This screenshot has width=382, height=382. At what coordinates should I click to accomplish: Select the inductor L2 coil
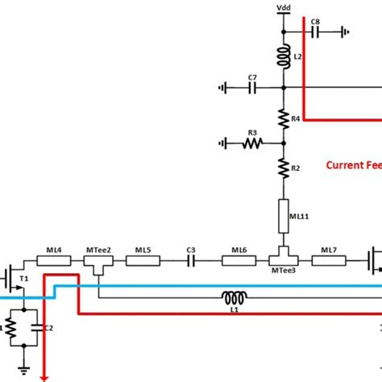point(284,56)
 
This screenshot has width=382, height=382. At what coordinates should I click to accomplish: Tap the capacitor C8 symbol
point(315,32)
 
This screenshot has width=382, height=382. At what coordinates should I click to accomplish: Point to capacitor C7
point(252,88)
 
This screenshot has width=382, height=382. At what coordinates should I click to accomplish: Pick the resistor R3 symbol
point(252,143)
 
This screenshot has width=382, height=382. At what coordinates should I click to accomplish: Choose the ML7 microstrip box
point(328,260)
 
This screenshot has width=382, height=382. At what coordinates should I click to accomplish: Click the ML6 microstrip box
point(239,260)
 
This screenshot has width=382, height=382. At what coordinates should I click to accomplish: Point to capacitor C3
point(191,260)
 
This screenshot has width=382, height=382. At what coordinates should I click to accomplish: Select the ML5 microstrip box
point(143,260)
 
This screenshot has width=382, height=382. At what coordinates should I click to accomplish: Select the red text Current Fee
point(352,165)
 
